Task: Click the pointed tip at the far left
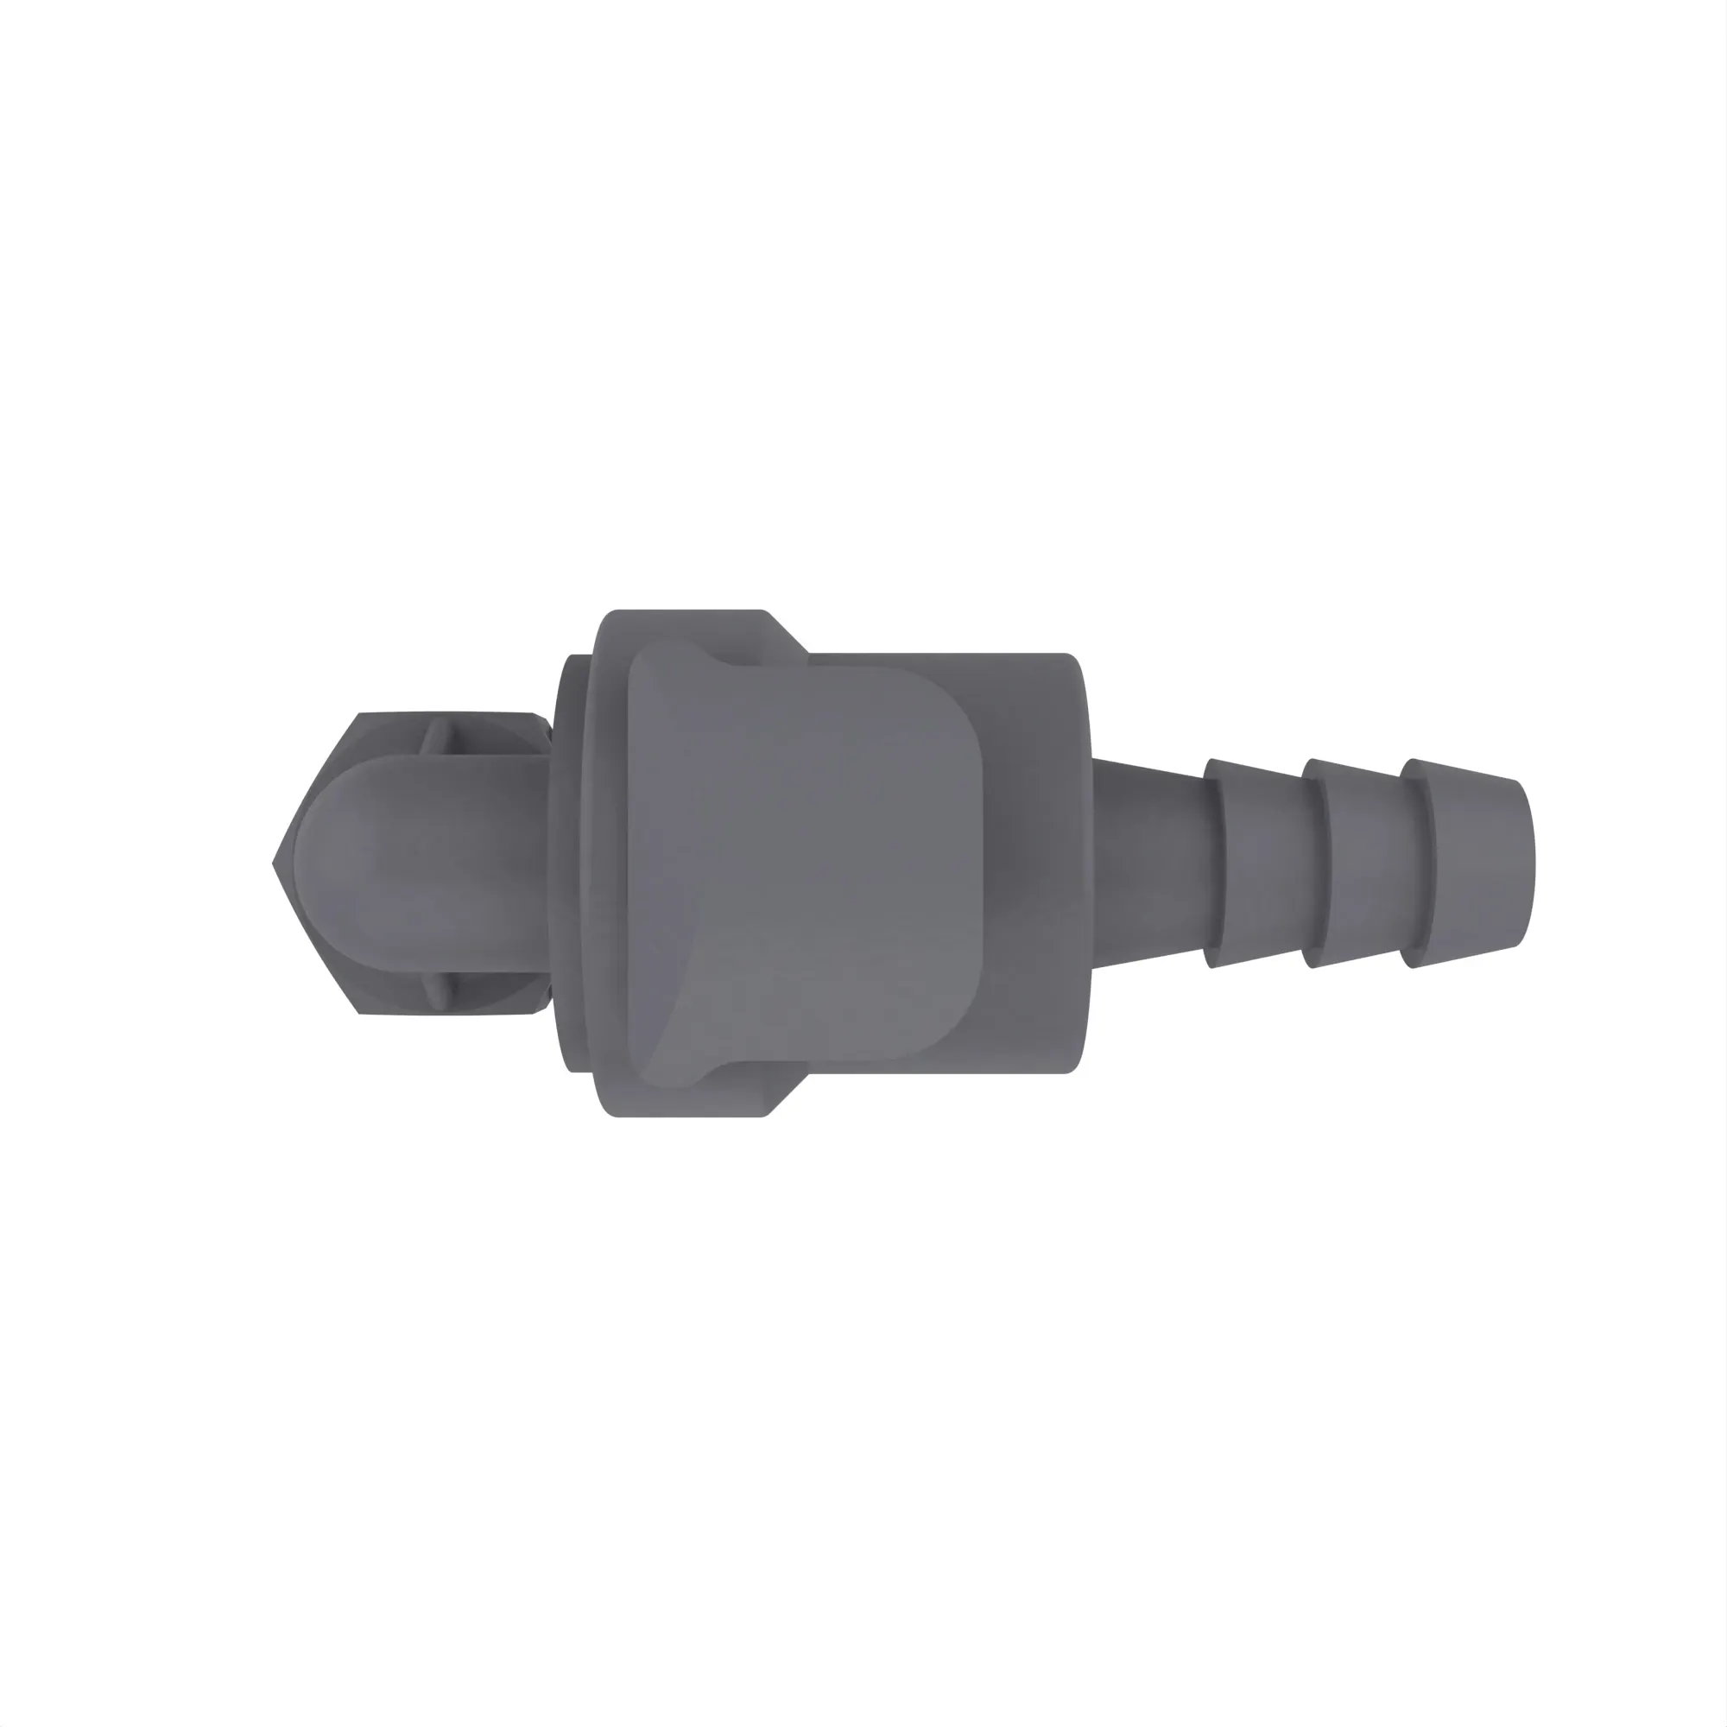pyautogui.click(x=275, y=863)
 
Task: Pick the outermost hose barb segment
pyautogui.click(x=1466, y=863)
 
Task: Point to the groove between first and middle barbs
pyautogui.click(x=1316, y=863)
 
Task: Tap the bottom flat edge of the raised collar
pyautogui.click(x=688, y=1114)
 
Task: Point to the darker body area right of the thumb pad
pyautogui.click(x=1037, y=863)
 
